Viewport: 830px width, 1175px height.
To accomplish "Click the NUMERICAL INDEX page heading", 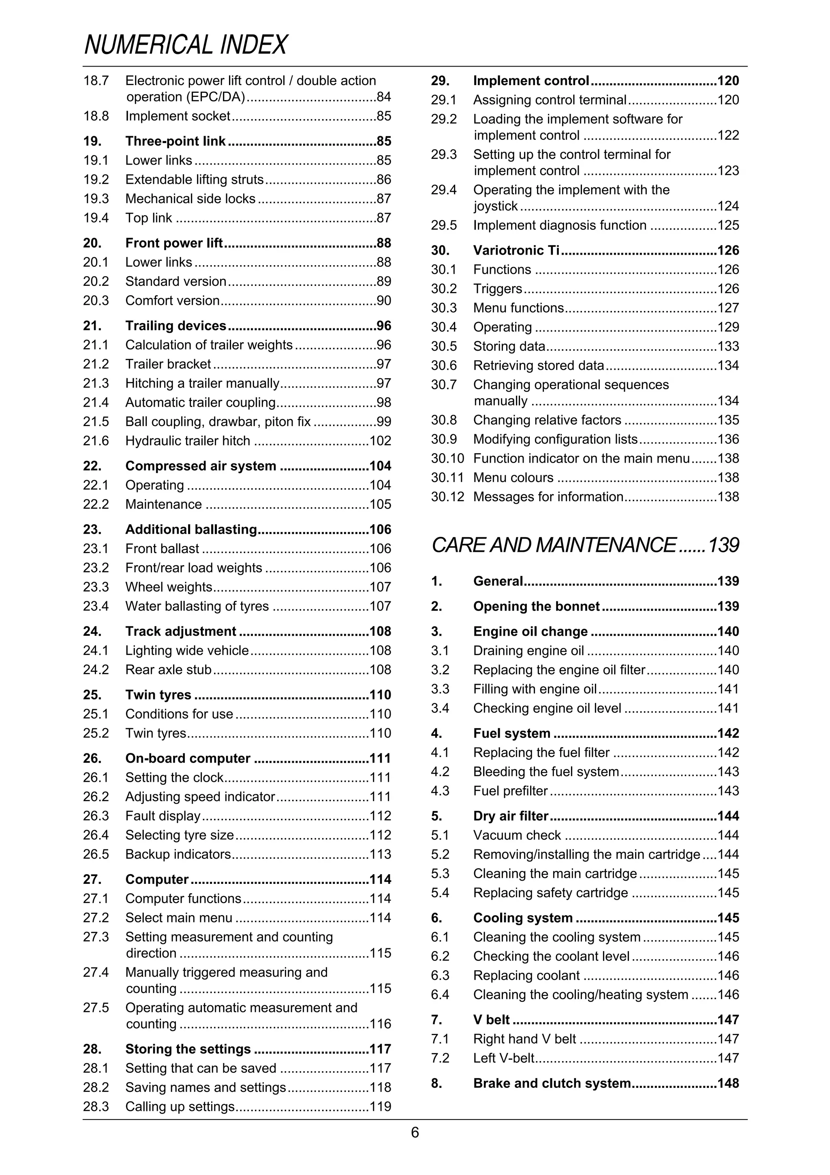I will point(185,45).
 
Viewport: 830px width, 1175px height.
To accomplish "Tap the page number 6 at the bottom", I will point(415,1132).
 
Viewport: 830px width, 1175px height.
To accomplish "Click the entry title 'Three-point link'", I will point(175,141).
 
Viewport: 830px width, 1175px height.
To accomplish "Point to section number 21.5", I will point(96,422).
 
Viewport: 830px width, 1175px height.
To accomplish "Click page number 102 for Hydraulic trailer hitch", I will point(380,441).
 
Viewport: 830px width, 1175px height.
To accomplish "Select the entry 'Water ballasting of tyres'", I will point(197,607).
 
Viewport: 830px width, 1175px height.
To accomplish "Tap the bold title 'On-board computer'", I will point(188,759).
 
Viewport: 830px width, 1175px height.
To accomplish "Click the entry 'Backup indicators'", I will point(178,854).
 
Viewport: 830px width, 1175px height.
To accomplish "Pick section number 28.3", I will point(96,1106).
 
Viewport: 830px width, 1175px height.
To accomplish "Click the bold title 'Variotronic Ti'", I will point(516,250).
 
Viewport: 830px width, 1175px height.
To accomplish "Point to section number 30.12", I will point(447,497).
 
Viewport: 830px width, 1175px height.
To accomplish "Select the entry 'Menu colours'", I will point(513,478).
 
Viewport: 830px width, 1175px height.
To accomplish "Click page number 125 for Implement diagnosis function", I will point(728,226).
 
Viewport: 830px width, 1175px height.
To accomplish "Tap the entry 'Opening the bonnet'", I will point(536,607).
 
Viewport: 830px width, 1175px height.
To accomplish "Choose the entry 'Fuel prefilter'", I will point(510,791).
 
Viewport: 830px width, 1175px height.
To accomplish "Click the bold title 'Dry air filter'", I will point(510,816).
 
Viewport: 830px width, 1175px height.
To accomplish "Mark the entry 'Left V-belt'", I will point(504,1058).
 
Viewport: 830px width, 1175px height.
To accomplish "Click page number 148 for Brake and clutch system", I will point(728,1083).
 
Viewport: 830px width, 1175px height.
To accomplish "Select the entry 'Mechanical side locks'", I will point(190,199).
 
